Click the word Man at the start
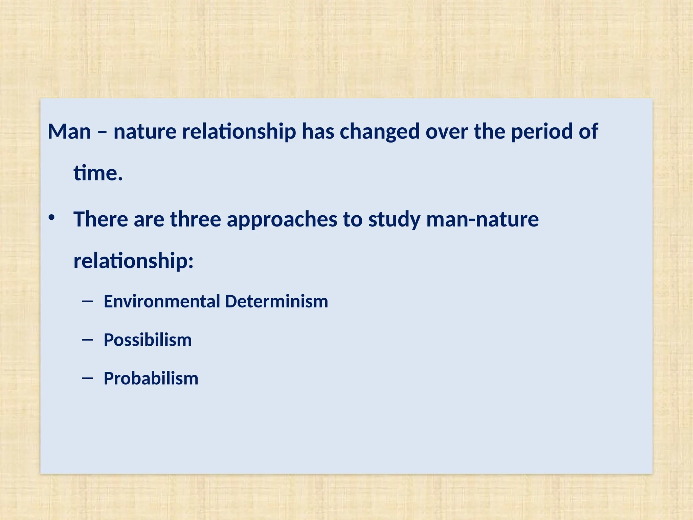[69, 132]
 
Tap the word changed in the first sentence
[380, 132]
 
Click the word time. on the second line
[98, 173]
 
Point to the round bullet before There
[51, 218]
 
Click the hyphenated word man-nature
[482, 219]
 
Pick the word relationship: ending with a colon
[133, 261]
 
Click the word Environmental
[162, 301]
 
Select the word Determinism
[276, 301]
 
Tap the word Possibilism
[148, 340]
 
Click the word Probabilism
[151, 378]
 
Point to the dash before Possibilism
[87, 340]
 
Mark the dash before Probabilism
[87, 378]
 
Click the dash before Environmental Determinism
[87, 301]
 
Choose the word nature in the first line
[145, 132]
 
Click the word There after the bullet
[100, 219]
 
